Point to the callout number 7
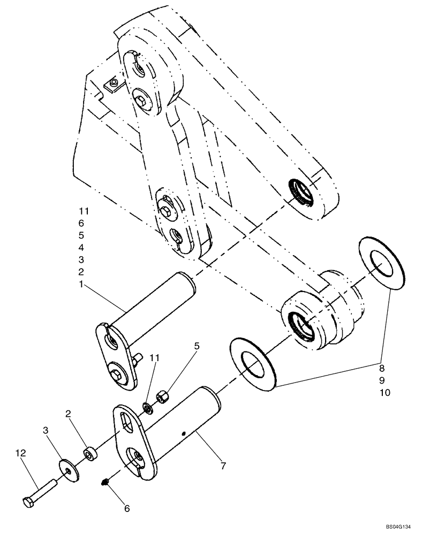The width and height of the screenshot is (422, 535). pyautogui.click(x=222, y=466)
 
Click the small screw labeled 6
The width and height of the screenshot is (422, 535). pyautogui.click(x=106, y=483)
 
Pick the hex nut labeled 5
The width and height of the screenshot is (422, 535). pyautogui.click(x=161, y=398)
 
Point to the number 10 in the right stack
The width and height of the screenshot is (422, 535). pyautogui.click(x=385, y=392)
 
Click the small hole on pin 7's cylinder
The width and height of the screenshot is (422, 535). pyautogui.click(x=184, y=433)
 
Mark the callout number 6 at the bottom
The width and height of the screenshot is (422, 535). pyautogui.click(x=127, y=509)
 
